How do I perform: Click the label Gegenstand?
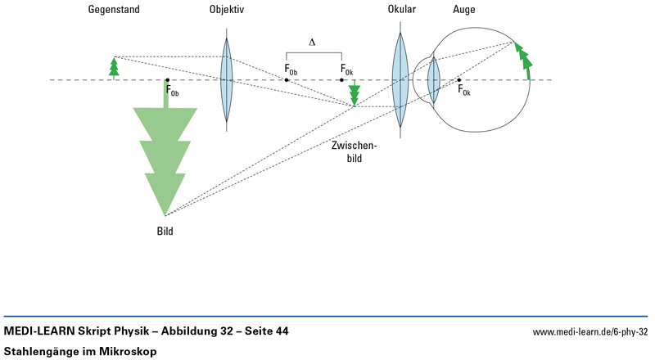pyautogui.click(x=115, y=11)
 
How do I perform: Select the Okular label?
pyautogui.click(x=402, y=11)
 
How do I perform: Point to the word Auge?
pyautogui.click(x=463, y=11)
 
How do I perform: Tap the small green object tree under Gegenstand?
pyautogui.click(x=115, y=67)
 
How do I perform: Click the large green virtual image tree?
pyautogui.click(x=167, y=155)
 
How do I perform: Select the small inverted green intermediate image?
pyautogui.click(x=354, y=94)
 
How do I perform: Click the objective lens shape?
pyautogui.click(x=227, y=79)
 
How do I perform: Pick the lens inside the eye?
pyautogui.click(x=434, y=79)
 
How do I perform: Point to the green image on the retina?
pyautogui.click(x=523, y=59)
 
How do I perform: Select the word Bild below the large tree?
pyautogui.click(x=165, y=232)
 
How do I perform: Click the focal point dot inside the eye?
pyautogui.click(x=459, y=80)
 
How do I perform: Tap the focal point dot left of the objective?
pyautogui.click(x=167, y=80)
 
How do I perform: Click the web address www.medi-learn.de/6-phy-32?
pyautogui.click(x=589, y=332)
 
